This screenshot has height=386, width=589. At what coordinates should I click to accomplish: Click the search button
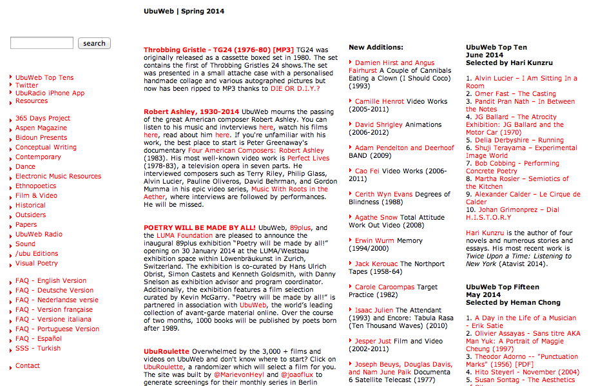coord(94,43)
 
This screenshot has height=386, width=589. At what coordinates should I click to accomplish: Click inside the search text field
coord(42,43)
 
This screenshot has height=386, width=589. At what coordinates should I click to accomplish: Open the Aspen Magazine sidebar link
coord(41,128)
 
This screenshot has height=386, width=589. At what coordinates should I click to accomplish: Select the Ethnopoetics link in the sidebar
coord(35,186)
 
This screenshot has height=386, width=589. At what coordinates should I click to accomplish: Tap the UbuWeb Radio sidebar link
coord(39,234)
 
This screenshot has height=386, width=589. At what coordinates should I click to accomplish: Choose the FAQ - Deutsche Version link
coord(54,290)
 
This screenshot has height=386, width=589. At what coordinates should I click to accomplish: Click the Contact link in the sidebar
coord(28,365)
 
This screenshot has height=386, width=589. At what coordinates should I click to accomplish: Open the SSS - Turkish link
coord(38,348)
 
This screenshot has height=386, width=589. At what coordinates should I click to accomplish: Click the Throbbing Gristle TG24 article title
coord(218,50)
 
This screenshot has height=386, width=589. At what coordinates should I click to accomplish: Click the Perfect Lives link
coord(308,158)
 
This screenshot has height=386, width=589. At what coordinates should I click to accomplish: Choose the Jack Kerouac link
coord(376,264)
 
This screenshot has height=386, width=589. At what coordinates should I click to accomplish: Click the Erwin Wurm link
coord(375,240)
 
